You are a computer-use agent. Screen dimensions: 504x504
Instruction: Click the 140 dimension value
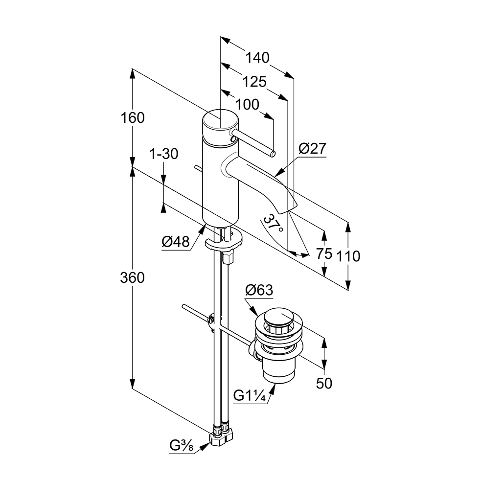tap(257, 58)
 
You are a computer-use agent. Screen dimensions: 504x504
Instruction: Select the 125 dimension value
tap(254, 82)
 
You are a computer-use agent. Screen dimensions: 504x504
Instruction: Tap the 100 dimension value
tap(247, 105)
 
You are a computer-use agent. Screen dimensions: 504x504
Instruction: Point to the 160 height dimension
tap(133, 118)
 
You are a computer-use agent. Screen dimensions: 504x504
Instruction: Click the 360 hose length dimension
tap(133, 277)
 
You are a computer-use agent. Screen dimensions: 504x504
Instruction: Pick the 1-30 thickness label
tap(163, 154)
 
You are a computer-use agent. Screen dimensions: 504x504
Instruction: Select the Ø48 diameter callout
tap(175, 241)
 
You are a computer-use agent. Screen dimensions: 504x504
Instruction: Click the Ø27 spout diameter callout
tap(312, 149)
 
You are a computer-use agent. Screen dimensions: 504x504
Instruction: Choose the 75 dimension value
tap(324, 253)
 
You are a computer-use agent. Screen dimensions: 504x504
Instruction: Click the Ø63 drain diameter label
tap(258, 290)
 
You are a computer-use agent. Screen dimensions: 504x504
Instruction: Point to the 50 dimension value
tap(324, 383)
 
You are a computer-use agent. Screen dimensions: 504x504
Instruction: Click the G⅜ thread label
tap(181, 446)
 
